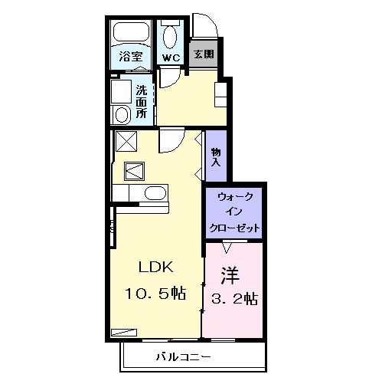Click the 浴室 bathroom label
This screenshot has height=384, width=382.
click(x=131, y=56)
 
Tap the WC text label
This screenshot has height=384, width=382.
click(x=170, y=57)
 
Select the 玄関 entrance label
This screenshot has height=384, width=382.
click(x=203, y=54)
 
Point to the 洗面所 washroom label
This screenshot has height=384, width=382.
click(x=142, y=101)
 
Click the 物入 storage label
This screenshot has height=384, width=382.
click(x=216, y=157)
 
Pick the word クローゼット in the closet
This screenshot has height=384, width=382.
click(x=234, y=228)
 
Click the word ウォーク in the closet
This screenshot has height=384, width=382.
click(x=234, y=197)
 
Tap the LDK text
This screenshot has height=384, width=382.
click(x=157, y=267)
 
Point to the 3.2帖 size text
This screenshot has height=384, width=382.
click(x=233, y=298)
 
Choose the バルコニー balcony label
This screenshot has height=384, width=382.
click(x=184, y=356)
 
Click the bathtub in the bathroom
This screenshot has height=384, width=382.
click(x=132, y=33)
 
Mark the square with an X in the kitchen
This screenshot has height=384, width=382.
click(x=125, y=142)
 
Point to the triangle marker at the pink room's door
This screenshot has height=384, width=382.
click(x=227, y=247)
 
